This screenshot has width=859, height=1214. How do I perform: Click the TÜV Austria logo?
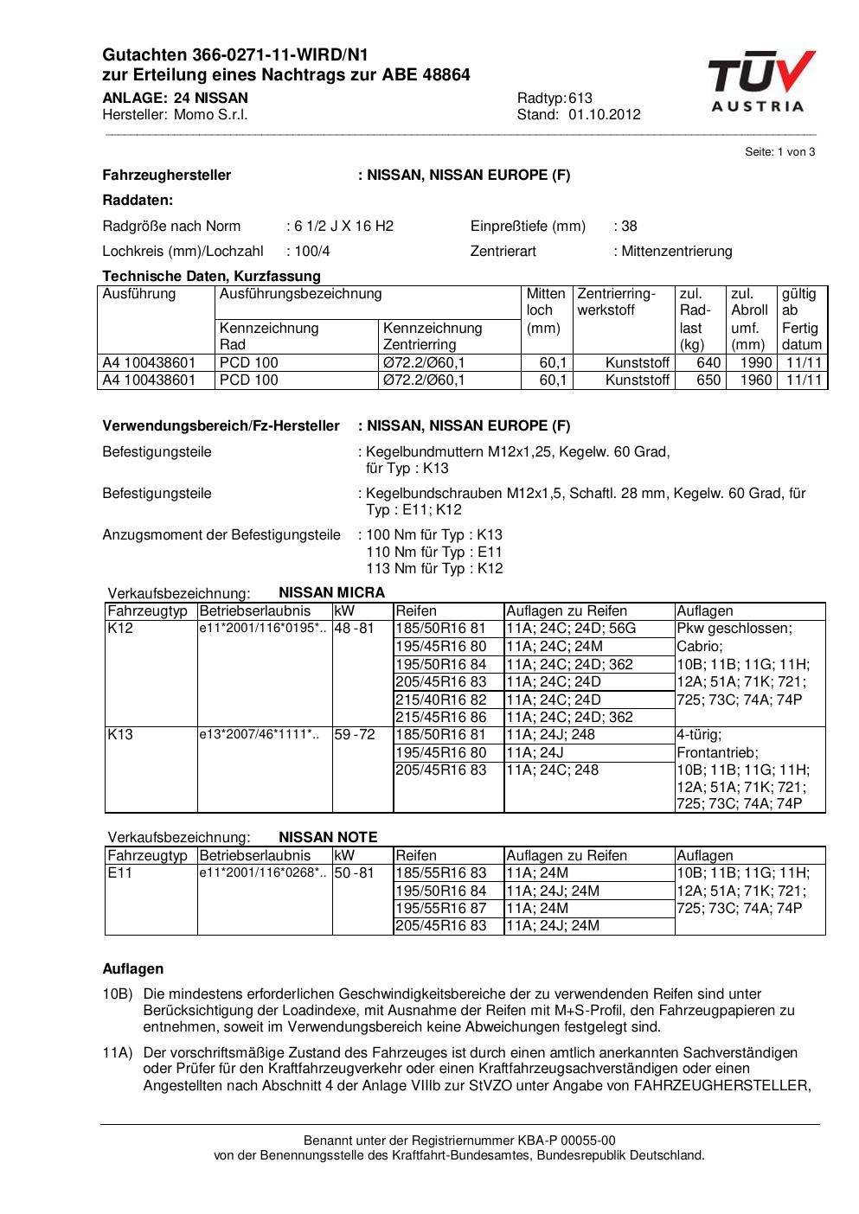tap(760, 81)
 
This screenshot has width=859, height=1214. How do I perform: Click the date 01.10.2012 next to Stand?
tap(605, 115)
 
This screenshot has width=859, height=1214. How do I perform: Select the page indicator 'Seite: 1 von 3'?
tap(779, 152)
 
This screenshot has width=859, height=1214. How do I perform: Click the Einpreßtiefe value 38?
tap(629, 227)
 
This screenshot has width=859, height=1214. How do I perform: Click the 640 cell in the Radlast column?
tap(708, 363)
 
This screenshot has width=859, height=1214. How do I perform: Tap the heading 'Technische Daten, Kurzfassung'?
tap(211, 277)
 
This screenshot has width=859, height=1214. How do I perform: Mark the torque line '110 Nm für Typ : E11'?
tap(434, 553)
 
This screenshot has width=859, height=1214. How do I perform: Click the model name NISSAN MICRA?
tap(331, 593)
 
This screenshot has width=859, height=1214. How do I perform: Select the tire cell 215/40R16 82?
tap(440, 700)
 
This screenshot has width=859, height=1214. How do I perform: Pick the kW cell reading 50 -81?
tap(354, 873)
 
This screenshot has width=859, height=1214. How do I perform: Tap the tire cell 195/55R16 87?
tap(440, 908)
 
